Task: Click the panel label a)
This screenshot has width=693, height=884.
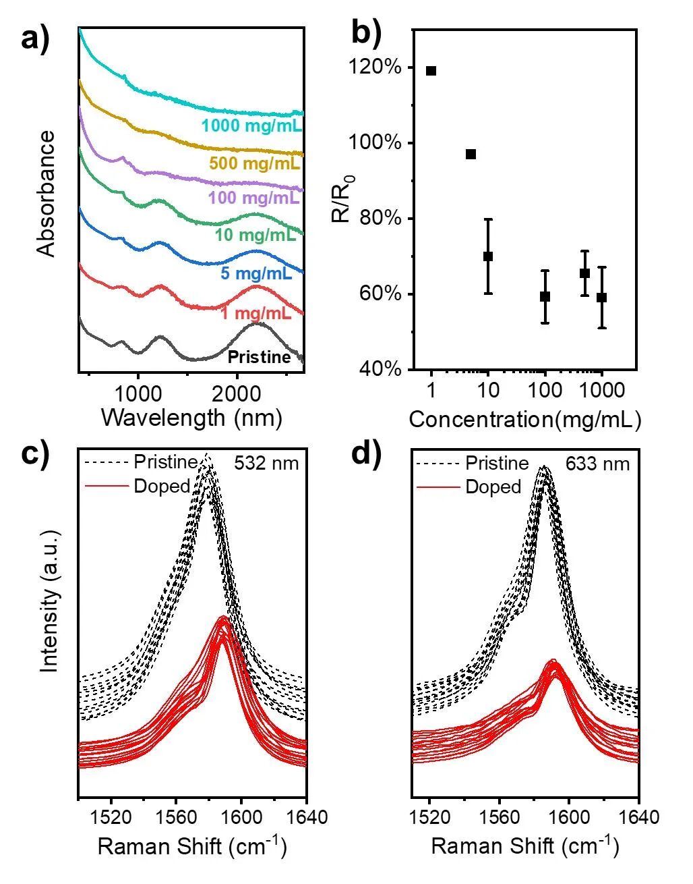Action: pyautogui.click(x=36, y=39)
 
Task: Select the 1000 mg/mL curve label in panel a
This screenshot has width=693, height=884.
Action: pyautogui.click(x=251, y=126)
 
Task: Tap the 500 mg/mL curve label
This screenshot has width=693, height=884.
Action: pyautogui.click(x=254, y=163)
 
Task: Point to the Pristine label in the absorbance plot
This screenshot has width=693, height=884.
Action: pyautogui.click(x=259, y=357)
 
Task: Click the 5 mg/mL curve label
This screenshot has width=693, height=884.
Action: pyautogui.click(x=256, y=274)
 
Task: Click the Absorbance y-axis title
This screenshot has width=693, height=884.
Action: pyautogui.click(x=46, y=194)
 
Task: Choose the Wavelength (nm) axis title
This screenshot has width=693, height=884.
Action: pyautogui.click(x=191, y=418)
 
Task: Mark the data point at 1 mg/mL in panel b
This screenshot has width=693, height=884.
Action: pyautogui.click(x=431, y=71)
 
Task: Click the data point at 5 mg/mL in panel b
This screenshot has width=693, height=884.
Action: pyautogui.click(x=471, y=155)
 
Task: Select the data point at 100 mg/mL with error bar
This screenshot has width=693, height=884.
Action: pyautogui.click(x=545, y=296)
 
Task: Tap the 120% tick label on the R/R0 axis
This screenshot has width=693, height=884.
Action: pyautogui.click(x=384, y=67)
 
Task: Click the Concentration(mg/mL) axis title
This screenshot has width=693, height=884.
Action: pyautogui.click(x=524, y=420)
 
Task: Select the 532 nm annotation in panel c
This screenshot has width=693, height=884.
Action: pyautogui.click(x=266, y=464)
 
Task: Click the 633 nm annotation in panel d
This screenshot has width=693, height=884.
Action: pyautogui.click(x=598, y=464)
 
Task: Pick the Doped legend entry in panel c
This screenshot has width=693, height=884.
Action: pyautogui.click(x=162, y=486)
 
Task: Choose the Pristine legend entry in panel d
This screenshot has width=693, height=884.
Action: pyautogui.click(x=497, y=463)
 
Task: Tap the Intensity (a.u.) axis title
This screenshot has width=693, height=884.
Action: pyautogui.click(x=49, y=601)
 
